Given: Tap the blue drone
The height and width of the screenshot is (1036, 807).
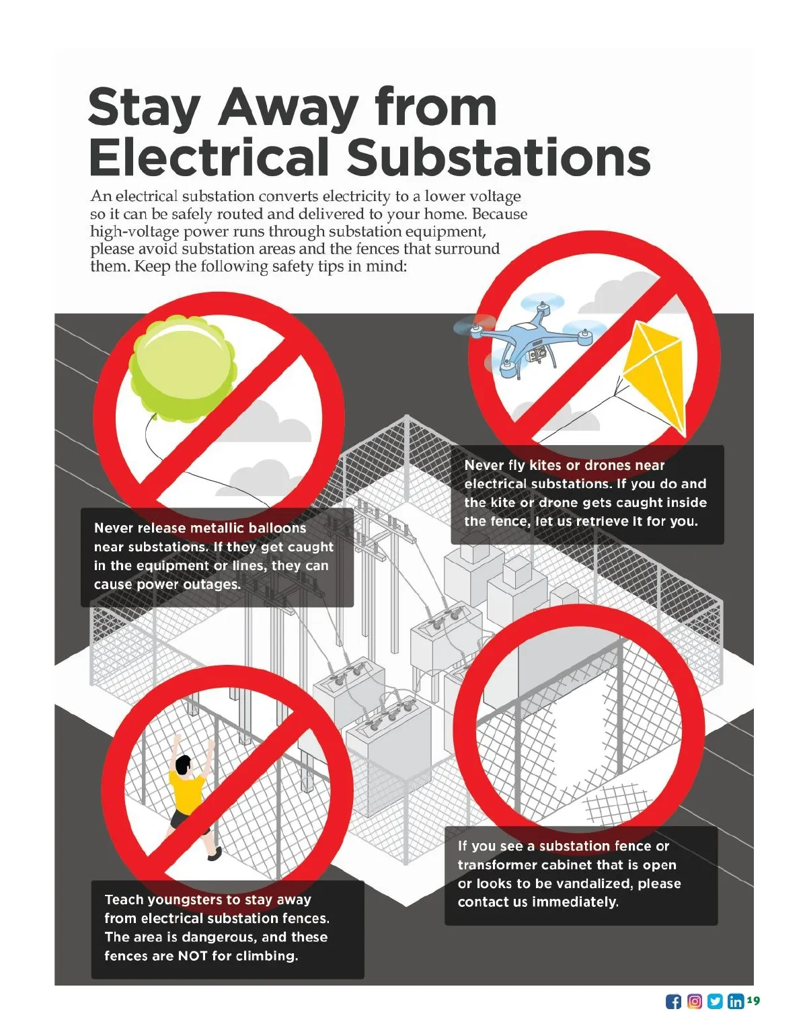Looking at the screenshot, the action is pos(529,336).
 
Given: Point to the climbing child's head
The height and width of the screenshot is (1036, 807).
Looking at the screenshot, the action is pos(182,764).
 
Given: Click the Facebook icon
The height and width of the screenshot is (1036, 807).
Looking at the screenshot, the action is pos(672,1002).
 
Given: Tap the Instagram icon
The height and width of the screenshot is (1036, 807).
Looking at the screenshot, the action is pos(694,1002).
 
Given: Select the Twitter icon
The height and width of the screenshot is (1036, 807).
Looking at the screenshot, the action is pos(715,1002).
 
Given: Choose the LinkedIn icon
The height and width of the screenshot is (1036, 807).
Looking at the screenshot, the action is pos(735,1002).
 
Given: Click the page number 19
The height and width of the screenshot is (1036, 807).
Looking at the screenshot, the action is pos(754,999).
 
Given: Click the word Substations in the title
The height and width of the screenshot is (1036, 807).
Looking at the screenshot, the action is pos(498,157).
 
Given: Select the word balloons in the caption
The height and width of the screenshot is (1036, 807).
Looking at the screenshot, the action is pos(277,528).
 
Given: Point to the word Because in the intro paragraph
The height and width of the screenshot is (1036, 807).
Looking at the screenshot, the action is pos(500,214).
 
